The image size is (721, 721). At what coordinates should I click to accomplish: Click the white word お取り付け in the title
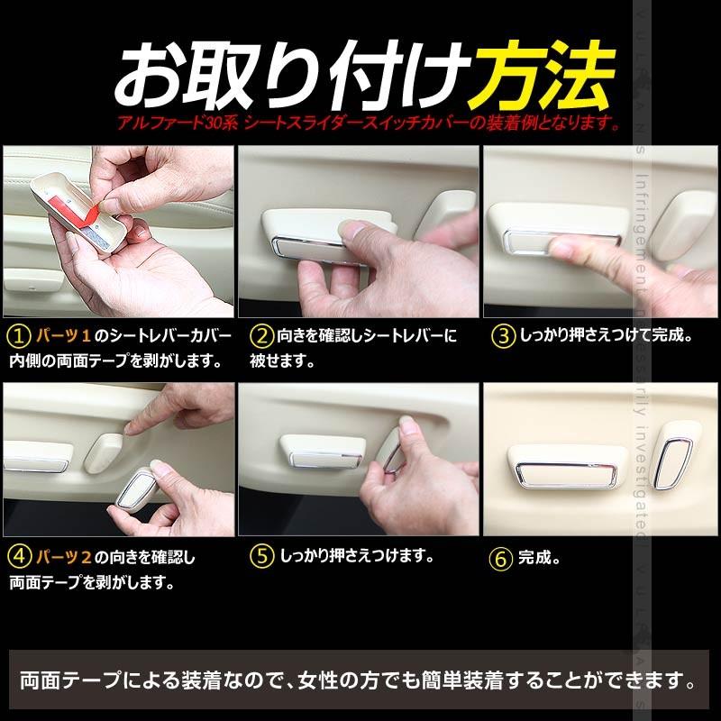[293, 74]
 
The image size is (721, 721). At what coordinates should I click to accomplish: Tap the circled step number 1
[17, 337]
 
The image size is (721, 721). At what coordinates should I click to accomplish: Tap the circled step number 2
[260, 337]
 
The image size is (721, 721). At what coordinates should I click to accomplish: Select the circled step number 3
[501, 337]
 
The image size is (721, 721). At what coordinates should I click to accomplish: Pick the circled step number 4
[17, 556]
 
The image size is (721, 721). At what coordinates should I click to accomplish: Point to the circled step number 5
[260, 556]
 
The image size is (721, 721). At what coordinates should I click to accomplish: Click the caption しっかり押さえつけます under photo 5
[357, 556]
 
